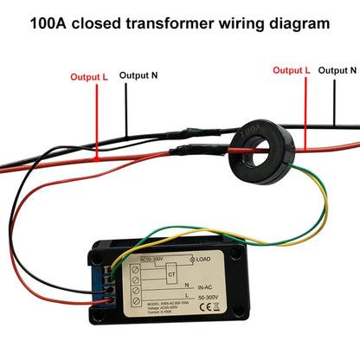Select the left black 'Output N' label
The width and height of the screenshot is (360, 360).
point(138,75)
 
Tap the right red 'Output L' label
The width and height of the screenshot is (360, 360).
point(292,69)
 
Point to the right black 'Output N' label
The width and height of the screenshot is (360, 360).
point(337,69)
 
